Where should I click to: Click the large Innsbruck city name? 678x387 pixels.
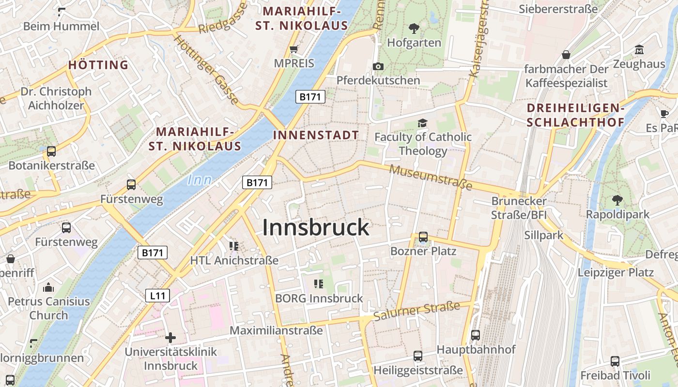[x=316, y=228]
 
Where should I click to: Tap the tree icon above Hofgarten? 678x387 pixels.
[x=414, y=29]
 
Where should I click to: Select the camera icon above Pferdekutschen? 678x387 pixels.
[x=378, y=66]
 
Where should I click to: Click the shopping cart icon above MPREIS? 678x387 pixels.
[x=293, y=49]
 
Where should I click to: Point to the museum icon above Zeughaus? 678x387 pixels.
[x=639, y=50]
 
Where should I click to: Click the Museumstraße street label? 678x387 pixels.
[x=430, y=177]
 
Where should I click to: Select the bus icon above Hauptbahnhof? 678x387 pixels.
[x=476, y=335]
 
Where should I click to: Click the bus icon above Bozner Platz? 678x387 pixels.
[x=423, y=237]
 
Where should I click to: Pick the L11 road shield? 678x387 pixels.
[x=157, y=295]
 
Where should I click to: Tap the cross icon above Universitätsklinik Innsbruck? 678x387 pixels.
[x=170, y=337]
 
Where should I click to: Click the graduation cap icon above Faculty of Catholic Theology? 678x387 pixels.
[x=423, y=123]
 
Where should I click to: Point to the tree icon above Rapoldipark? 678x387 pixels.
[x=617, y=200]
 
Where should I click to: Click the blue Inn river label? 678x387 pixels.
[x=200, y=180]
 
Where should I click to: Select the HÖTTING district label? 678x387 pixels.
[x=98, y=65]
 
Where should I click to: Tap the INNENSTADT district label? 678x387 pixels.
[x=316, y=135]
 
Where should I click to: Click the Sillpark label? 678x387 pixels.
[x=544, y=236]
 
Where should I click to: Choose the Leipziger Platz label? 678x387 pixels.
[x=616, y=272]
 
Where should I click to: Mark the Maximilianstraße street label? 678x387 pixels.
[x=276, y=331]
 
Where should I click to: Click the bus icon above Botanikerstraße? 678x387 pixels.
[x=51, y=151]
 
